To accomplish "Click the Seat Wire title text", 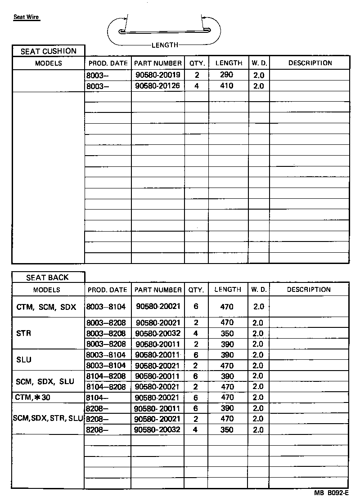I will pyautogui.click(x=26, y=18).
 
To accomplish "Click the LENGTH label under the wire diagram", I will pyautogui.click(x=165, y=45).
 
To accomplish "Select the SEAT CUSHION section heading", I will pyautogui.click(x=49, y=51).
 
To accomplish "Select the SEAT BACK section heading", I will pyautogui.click(x=48, y=277).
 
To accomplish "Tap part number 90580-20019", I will pyautogui.click(x=157, y=75).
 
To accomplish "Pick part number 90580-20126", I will pyautogui.click(x=157, y=86).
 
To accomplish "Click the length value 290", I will pyautogui.click(x=227, y=75).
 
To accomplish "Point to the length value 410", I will pyautogui.click(x=227, y=86).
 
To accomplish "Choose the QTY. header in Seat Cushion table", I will pyautogui.click(x=197, y=63).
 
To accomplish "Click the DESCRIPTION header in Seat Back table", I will pyautogui.click(x=309, y=290).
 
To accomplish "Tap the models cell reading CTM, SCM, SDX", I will pyautogui.click(x=46, y=307).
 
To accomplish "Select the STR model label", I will pyautogui.click(x=23, y=334).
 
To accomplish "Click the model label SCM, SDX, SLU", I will pyautogui.click(x=45, y=382).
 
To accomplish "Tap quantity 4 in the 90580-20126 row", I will pyautogui.click(x=197, y=86).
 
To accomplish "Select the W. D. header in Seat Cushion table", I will pyautogui.click(x=259, y=63).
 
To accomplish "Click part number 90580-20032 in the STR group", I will pyautogui.click(x=157, y=334).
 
